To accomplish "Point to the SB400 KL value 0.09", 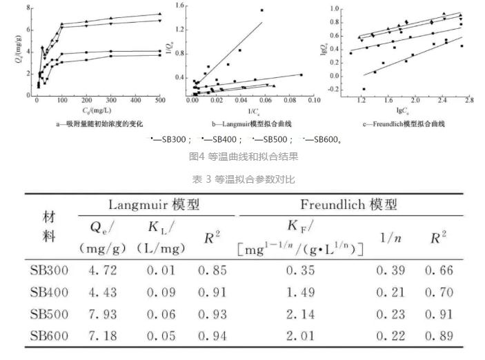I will [x=160, y=292].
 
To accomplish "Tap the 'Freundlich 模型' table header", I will [x=348, y=205].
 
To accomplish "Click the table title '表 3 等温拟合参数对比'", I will [x=243, y=179].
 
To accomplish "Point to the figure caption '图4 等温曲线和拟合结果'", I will [x=243, y=157].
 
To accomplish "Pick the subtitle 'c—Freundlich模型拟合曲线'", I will [x=404, y=124].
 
